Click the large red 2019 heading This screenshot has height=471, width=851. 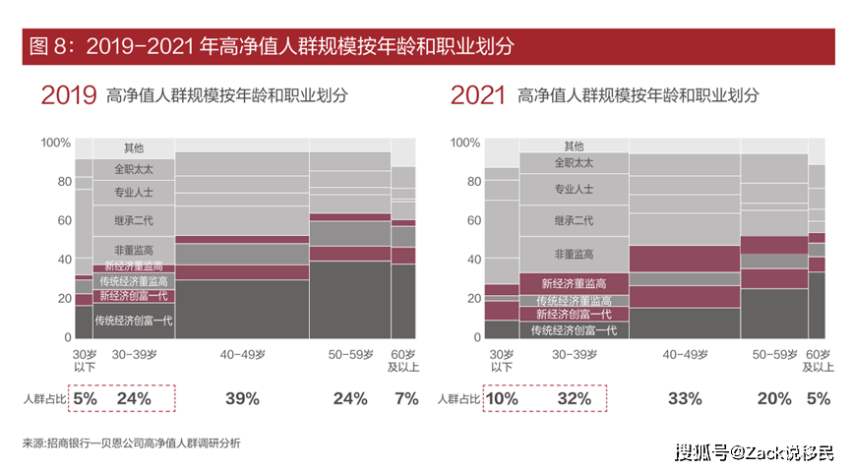(x=68, y=95)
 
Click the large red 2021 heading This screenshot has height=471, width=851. (x=478, y=95)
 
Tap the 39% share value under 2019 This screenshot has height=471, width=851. (x=242, y=398)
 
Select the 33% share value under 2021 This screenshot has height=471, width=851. (x=685, y=398)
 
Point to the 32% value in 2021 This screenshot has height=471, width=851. (x=574, y=398)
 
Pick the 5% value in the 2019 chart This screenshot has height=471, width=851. (x=86, y=398)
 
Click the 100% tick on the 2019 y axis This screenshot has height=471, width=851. (x=55, y=143)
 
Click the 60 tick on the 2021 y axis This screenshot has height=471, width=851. (x=472, y=221)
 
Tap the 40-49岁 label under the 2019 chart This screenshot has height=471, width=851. (x=242, y=354)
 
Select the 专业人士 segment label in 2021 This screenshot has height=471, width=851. (x=574, y=190)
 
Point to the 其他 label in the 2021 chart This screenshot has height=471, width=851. (x=574, y=147)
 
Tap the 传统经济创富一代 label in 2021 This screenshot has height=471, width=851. (x=574, y=330)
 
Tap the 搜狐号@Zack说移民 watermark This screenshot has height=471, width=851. (x=754, y=452)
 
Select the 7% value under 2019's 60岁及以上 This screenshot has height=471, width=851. (x=406, y=398)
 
